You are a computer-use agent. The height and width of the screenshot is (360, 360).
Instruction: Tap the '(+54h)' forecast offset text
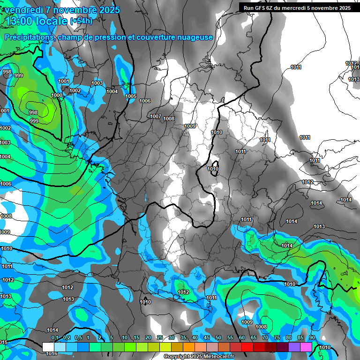point(81,21)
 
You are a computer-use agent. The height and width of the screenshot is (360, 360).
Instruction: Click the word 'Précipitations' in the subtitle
point(28,37)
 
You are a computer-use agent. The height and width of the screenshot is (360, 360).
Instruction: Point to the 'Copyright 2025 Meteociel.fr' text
point(199,356)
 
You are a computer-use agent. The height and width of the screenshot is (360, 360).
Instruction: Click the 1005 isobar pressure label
point(131,96)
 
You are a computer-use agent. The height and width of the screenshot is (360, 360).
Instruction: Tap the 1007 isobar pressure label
point(156,116)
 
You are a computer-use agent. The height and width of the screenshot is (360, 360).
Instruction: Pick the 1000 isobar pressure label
point(57,95)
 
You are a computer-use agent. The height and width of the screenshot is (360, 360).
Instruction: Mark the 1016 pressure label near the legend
point(52,353)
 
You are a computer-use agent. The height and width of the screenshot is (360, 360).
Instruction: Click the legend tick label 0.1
point(55,337)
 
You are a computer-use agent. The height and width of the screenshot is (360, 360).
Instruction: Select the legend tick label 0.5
point(78,337)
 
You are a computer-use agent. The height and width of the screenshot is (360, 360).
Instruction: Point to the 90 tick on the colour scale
point(312,337)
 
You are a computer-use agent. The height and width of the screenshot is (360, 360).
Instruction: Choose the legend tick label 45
point(207,337)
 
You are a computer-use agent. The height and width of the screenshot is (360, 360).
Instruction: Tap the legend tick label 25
point(160,337)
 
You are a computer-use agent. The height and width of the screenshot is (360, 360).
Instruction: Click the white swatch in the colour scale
point(48,346)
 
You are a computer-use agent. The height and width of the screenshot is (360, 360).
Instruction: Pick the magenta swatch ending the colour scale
point(306,346)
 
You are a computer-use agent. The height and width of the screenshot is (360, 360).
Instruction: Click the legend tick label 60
point(242,337)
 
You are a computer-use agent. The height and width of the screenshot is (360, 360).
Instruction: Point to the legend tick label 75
point(277,337)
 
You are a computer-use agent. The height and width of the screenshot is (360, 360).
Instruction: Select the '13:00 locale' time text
point(37,21)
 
